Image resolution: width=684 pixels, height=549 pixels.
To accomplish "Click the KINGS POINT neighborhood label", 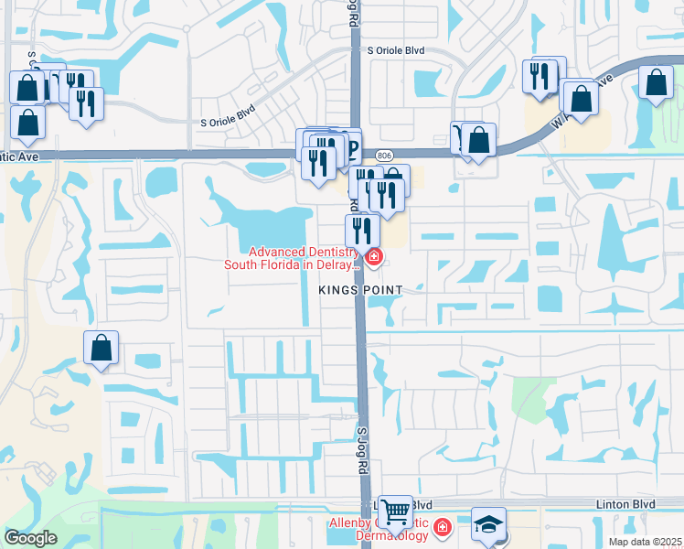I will pos(360,290).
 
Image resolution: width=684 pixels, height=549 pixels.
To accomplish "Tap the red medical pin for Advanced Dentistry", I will pos(373,260).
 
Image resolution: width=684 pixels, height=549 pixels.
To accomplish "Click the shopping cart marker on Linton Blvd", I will pos(395,511).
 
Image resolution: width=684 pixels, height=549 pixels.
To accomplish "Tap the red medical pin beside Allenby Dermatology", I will pos(443,528).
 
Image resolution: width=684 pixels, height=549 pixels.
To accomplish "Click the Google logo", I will pos(30,538).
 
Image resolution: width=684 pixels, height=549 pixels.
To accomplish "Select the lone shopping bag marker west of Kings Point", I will pos(101,349).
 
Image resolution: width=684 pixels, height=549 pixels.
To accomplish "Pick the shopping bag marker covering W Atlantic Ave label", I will pos(581,97).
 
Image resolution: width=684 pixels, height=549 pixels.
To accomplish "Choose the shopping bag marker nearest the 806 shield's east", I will pos(478,140).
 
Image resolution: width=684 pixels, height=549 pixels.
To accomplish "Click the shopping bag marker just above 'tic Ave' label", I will pos(28,123).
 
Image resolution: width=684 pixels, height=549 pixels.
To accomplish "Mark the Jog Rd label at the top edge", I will pos(352,12).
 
